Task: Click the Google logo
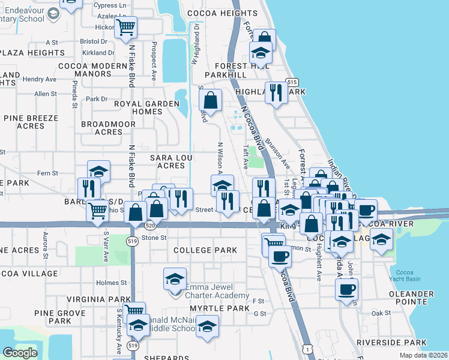20,353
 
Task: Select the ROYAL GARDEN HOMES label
148,107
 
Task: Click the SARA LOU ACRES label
166,161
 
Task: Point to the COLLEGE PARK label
201,250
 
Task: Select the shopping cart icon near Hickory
127,26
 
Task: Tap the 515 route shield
292,82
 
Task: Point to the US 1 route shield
308,349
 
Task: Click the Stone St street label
154,238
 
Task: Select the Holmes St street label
108,283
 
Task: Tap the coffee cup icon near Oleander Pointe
346,289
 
